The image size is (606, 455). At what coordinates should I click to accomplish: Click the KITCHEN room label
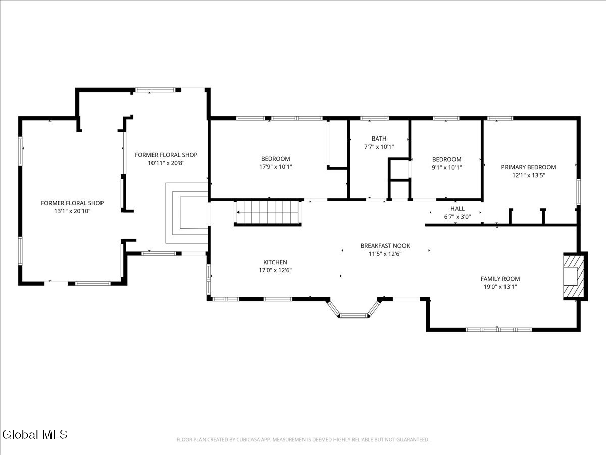pyautogui.click(x=275, y=262)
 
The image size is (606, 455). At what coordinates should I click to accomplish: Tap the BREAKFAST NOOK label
pyautogui.click(x=385, y=246)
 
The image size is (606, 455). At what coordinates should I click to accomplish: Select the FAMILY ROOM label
pyautogui.click(x=500, y=279)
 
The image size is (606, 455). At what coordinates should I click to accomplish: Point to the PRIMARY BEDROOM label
pyautogui.click(x=528, y=167)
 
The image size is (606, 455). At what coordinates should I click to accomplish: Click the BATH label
pyautogui.click(x=379, y=139)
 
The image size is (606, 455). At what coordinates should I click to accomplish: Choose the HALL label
pyautogui.click(x=457, y=209)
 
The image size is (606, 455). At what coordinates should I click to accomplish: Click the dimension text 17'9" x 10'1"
pyautogui.click(x=275, y=167)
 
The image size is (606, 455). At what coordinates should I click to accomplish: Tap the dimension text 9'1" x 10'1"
pyautogui.click(x=446, y=167)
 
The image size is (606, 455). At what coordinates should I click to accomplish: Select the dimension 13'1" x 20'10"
pyautogui.click(x=72, y=211)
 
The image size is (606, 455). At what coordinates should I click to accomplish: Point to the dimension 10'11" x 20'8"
pyautogui.click(x=166, y=163)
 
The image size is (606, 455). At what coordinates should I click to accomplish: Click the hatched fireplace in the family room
pyautogui.click(x=574, y=276)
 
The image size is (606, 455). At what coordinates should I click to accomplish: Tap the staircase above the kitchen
pyautogui.click(x=268, y=212)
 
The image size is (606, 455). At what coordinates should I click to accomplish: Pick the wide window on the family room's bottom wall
pyautogui.click(x=498, y=329)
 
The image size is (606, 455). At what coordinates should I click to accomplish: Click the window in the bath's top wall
pyautogui.click(x=374, y=118)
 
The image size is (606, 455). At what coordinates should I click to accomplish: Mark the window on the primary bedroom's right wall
pyautogui.click(x=578, y=192)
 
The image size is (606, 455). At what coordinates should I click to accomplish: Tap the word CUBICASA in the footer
pyautogui.click(x=247, y=439)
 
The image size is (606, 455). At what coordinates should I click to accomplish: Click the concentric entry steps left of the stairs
pyautogui.click(x=186, y=213)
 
